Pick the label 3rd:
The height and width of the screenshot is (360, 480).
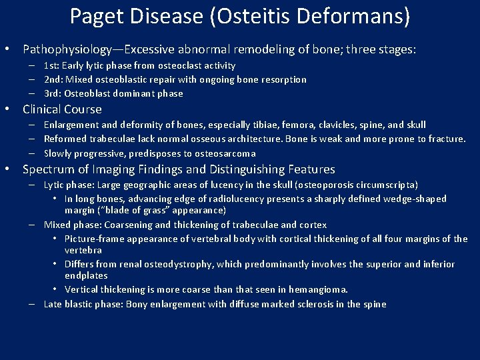(54, 93)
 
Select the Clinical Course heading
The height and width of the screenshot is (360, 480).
(62, 109)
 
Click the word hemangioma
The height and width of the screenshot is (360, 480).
(318, 289)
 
